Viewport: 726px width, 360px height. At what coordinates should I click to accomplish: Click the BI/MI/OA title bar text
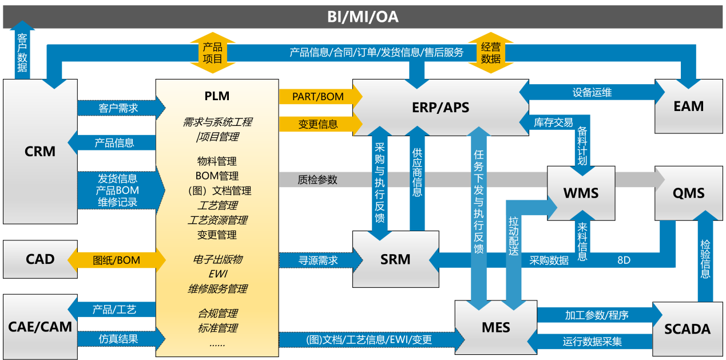363,17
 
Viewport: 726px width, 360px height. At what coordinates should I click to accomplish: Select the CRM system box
40,152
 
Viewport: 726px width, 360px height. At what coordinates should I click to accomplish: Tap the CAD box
40,259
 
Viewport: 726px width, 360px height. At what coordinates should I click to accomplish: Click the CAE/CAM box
40,327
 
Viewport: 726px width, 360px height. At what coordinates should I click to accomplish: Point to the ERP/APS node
441,108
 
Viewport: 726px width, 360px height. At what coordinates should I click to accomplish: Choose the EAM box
688,106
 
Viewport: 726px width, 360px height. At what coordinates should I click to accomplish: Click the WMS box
581,193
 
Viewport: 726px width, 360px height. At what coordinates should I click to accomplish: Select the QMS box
688,193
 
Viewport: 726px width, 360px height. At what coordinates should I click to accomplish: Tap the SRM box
395,259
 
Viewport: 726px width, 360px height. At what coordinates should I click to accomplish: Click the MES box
495,328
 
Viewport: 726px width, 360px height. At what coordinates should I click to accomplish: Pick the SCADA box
687,329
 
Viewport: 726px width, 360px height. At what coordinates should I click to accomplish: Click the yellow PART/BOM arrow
318,96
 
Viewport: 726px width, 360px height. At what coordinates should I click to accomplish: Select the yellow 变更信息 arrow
318,124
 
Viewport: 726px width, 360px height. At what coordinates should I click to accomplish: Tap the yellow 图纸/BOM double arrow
117,260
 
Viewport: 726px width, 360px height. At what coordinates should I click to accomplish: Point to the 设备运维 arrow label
592,92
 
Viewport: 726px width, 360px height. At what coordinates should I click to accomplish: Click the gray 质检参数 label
318,180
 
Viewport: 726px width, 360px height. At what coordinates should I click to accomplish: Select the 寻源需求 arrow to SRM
318,260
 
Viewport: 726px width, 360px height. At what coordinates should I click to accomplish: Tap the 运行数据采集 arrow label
592,342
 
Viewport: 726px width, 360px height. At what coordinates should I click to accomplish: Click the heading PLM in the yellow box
217,96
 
